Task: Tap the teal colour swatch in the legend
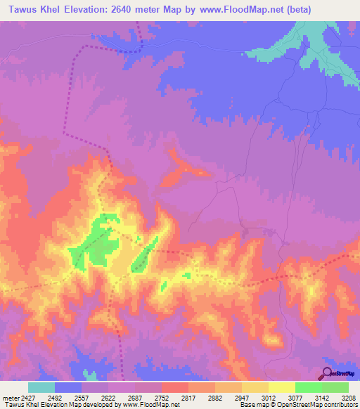click(41, 387)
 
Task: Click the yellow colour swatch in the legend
click(281, 387)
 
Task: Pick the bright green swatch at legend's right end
click(335, 387)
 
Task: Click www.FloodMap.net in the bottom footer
click(150, 405)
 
